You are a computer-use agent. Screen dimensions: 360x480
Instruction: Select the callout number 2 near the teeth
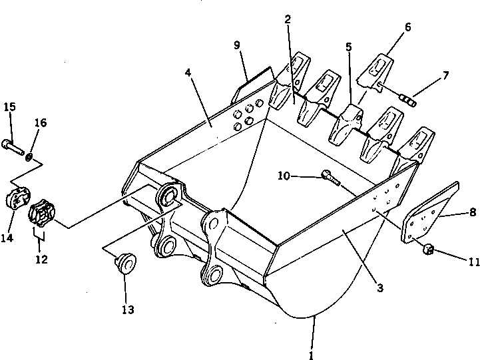click(x=288, y=19)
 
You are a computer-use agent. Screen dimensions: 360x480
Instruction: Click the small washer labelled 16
click(x=31, y=156)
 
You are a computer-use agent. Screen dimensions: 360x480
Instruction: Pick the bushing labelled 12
click(x=42, y=213)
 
